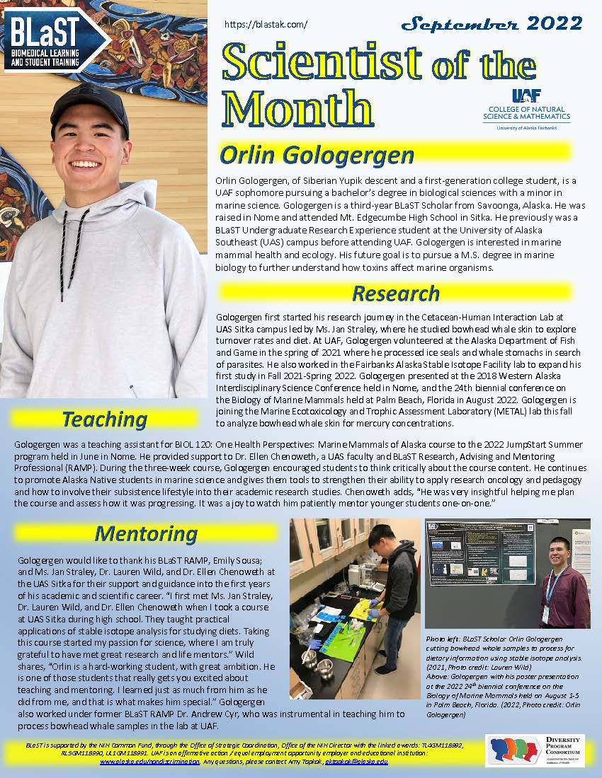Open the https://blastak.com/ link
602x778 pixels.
(266, 24)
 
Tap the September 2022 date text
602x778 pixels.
(492, 23)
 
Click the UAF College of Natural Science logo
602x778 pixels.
(526, 110)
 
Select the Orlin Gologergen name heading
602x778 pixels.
(316, 154)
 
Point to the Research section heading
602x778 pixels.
(395, 293)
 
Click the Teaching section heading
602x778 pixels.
(104, 419)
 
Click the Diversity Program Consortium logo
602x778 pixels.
(535, 750)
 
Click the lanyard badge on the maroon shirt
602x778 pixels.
(545, 614)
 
